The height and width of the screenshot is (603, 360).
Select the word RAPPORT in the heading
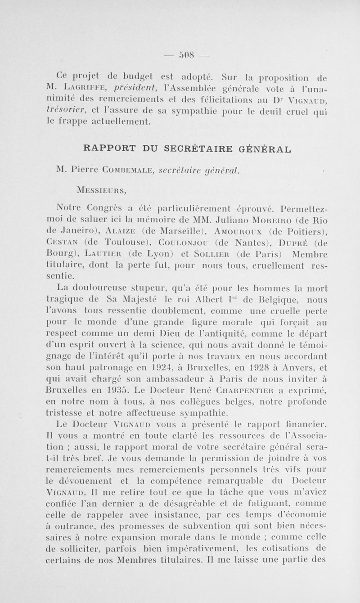pos(107,147)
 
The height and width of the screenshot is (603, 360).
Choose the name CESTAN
pos(63,243)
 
